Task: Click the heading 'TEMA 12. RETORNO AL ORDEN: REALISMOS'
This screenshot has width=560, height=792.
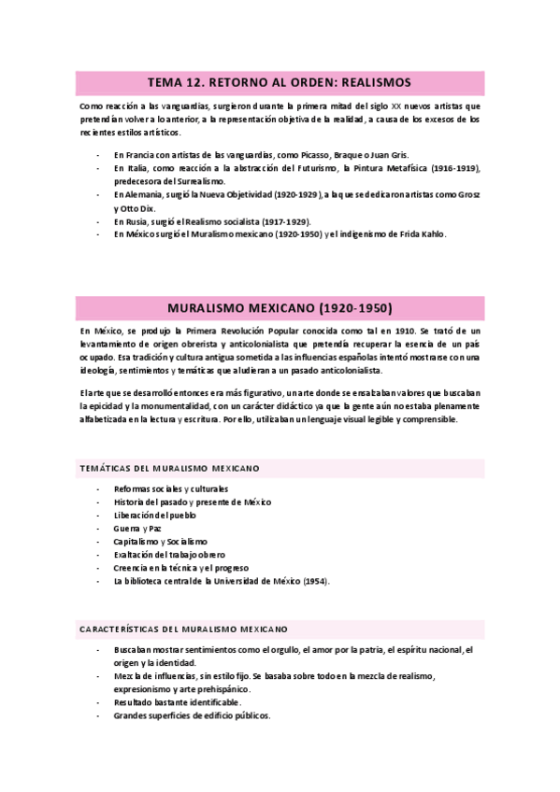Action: [x=280, y=82]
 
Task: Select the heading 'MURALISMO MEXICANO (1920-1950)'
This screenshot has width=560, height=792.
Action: [x=280, y=307]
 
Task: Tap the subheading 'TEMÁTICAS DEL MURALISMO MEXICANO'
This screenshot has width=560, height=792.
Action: [x=169, y=468]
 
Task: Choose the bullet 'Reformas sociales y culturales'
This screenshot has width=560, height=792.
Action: [x=171, y=488]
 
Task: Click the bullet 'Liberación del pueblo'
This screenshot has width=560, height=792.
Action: [x=155, y=516]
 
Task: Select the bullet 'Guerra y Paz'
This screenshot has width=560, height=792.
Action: [x=138, y=529]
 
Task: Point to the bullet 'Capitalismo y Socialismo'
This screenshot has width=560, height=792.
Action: [x=161, y=542]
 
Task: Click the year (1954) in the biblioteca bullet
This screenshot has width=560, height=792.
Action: [x=314, y=581]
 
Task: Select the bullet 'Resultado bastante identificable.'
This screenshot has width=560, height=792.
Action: [x=178, y=702]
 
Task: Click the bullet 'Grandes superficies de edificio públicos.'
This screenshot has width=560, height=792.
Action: [x=192, y=715]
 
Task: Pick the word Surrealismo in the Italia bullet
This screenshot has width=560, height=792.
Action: [x=193, y=180]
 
